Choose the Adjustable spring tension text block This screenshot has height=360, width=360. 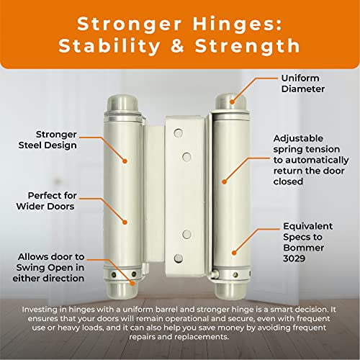pos(308,159)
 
